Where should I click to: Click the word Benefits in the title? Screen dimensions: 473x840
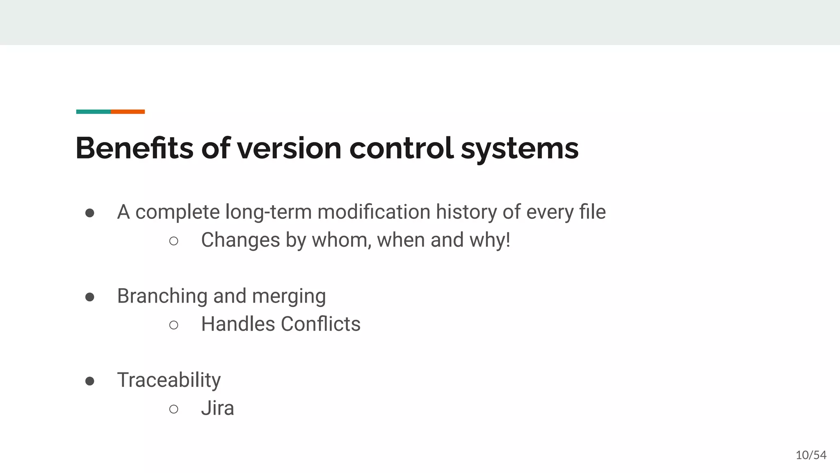134,148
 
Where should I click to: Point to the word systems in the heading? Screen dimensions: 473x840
520,149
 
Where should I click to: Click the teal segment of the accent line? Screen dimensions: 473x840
94,112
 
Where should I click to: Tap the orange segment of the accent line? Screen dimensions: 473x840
128,112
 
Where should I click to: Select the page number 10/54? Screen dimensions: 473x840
811,455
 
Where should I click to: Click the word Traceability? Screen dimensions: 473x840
169,380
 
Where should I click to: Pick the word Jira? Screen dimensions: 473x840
217,409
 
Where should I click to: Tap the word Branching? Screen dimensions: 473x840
162,296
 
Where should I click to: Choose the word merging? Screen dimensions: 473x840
289,296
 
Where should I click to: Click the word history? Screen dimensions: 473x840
466,212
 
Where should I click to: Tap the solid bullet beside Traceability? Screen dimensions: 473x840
90,381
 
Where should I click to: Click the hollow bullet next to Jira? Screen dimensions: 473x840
173,409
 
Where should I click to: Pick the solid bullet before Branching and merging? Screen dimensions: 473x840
90,297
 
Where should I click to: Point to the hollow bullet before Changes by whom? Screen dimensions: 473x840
173,241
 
